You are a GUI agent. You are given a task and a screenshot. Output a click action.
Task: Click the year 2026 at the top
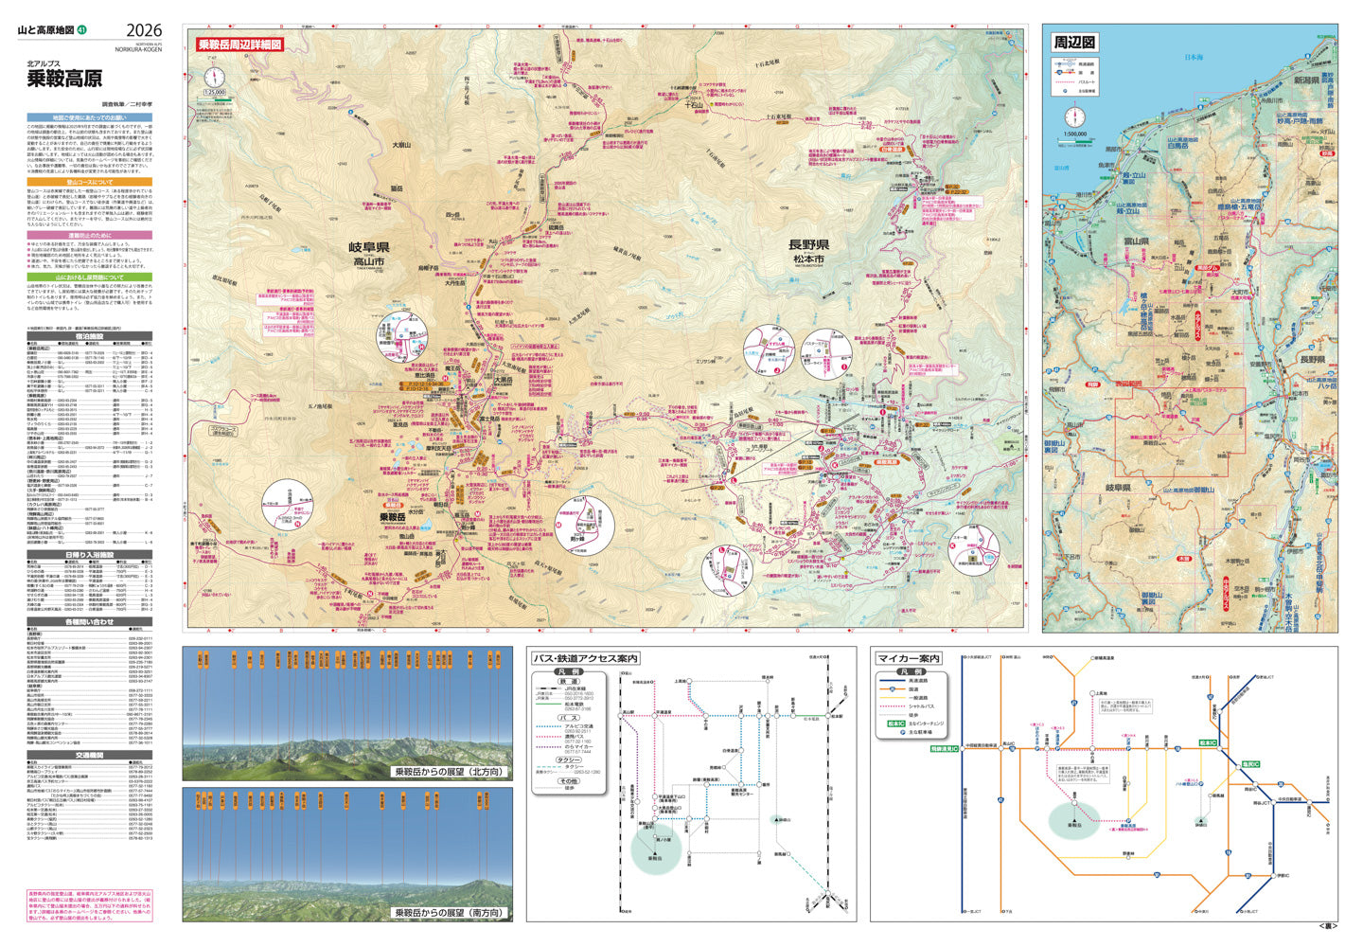pos(143,30)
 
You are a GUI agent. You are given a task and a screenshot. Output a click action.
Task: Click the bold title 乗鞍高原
pos(64,79)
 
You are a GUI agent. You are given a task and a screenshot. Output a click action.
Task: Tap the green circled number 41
pos(83,31)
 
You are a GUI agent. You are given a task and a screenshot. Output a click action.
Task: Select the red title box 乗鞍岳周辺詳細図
pos(239,45)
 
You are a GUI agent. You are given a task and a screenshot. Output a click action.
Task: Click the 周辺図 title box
pos(1074,43)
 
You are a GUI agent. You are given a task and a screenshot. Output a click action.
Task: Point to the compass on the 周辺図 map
pos(1075,116)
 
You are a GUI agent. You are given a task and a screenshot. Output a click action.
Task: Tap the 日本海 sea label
pos(1195,58)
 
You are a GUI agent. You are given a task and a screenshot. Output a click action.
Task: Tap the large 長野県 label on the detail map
pos(807,244)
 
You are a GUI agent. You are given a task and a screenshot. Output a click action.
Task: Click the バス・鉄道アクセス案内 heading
pos(584,658)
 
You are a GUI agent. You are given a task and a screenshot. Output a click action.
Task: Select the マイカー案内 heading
pos(909,658)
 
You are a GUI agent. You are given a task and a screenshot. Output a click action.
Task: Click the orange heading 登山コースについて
pos(90,181)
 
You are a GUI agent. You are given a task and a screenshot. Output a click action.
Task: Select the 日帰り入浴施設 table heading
pos(90,555)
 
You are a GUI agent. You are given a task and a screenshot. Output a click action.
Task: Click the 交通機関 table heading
pos(90,755)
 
